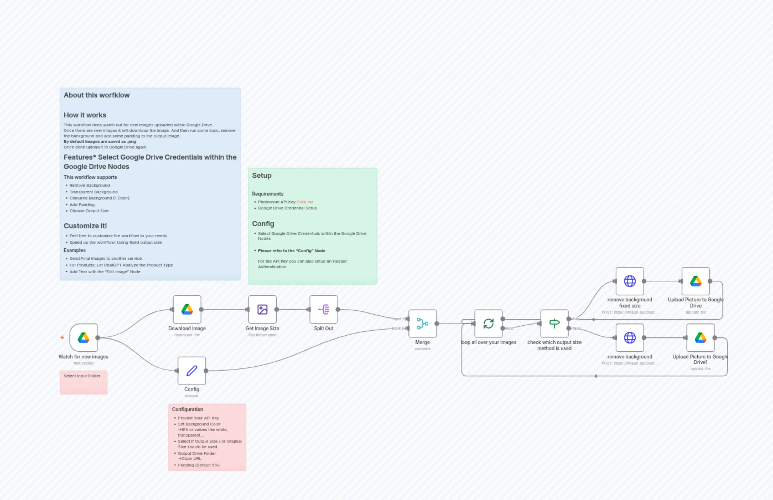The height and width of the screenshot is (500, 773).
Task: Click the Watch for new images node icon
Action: pos(83,338)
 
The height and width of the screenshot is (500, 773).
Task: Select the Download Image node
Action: pos(187,309)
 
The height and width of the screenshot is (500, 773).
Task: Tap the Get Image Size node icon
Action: pos(262,309)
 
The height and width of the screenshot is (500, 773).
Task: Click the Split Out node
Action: pos(324,309)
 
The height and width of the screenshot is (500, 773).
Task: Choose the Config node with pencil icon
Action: pos(192,370)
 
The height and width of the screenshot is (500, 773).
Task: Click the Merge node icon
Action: pos(422,323)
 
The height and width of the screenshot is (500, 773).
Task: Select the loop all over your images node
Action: pos(488,323)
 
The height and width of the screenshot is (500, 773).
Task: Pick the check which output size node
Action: pos(554,323)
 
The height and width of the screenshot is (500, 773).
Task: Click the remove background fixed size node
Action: pos(630,281)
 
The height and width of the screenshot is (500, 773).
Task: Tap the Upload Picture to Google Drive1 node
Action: pos(700,338)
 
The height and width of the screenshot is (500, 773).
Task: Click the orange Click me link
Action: pos(305,202)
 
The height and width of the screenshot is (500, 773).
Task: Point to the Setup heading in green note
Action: pos(262,176)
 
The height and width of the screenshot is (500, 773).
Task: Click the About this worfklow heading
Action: pos(97,95)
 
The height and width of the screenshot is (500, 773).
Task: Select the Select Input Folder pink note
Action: pos(83,382)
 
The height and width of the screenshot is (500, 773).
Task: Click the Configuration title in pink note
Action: pos(187,409)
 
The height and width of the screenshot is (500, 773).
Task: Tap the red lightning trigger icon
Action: pos(62,338)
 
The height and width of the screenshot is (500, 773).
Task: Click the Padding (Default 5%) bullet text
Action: pos(198,465)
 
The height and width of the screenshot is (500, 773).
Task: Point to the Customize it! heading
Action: pos(85,226)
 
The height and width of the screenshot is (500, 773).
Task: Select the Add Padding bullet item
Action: pos(82,204)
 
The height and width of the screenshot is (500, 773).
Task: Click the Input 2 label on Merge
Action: pos(398,328)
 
